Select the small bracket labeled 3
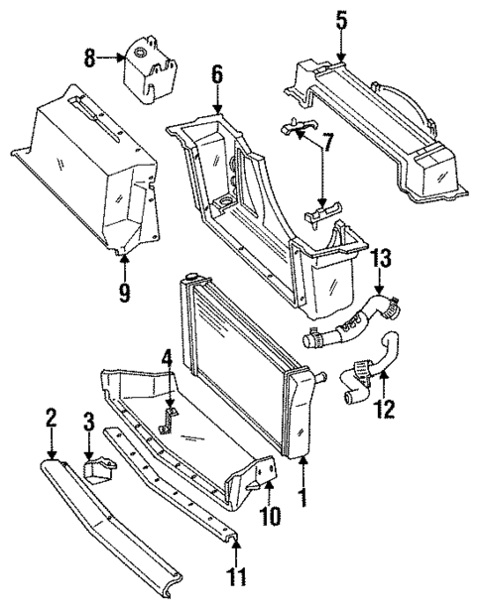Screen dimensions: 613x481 pos(99,467)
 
